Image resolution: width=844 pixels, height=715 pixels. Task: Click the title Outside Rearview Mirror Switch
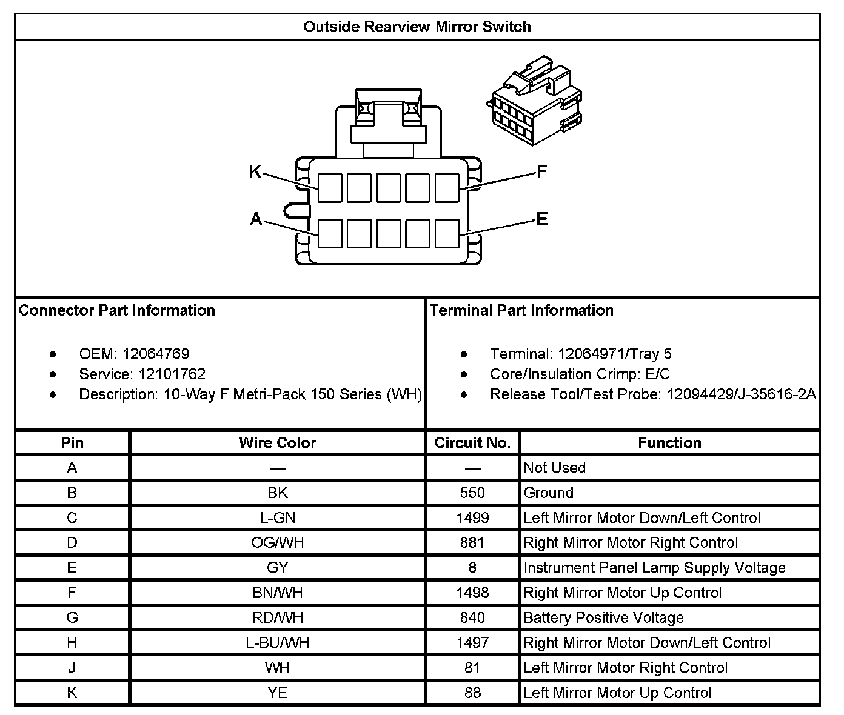click(417, 27)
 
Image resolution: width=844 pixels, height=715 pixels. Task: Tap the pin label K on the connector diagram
click(255, 173)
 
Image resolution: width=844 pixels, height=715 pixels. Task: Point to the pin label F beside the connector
click(542, 172)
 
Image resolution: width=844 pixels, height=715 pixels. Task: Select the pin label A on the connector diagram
click(256, 219)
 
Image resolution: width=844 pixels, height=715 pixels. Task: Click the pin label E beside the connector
click(542, 219)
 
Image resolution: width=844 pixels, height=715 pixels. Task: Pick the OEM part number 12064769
click(156, 354)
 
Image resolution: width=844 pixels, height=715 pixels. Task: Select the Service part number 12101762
click(172, 374)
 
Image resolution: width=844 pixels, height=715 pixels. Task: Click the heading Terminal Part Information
click(521, 311)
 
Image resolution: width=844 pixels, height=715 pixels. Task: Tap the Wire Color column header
click(278, 443)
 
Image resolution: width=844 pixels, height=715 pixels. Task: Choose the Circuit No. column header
click(472, 443)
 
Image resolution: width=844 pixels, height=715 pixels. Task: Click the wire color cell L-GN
click(278, 518)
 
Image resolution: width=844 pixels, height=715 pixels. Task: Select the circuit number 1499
click(472, 518)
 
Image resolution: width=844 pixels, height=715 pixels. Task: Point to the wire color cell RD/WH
click(278, 618)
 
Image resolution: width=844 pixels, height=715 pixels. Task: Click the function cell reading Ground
click(549, 493)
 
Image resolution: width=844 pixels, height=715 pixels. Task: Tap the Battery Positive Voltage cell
click(604, 618)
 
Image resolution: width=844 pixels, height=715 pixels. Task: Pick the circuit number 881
click(472, 543)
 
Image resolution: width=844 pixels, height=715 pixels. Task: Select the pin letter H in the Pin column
click(72, 643)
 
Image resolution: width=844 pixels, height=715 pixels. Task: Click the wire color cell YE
click(278, 693)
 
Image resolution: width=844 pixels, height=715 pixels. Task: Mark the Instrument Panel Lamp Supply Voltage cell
click(655, 568)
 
